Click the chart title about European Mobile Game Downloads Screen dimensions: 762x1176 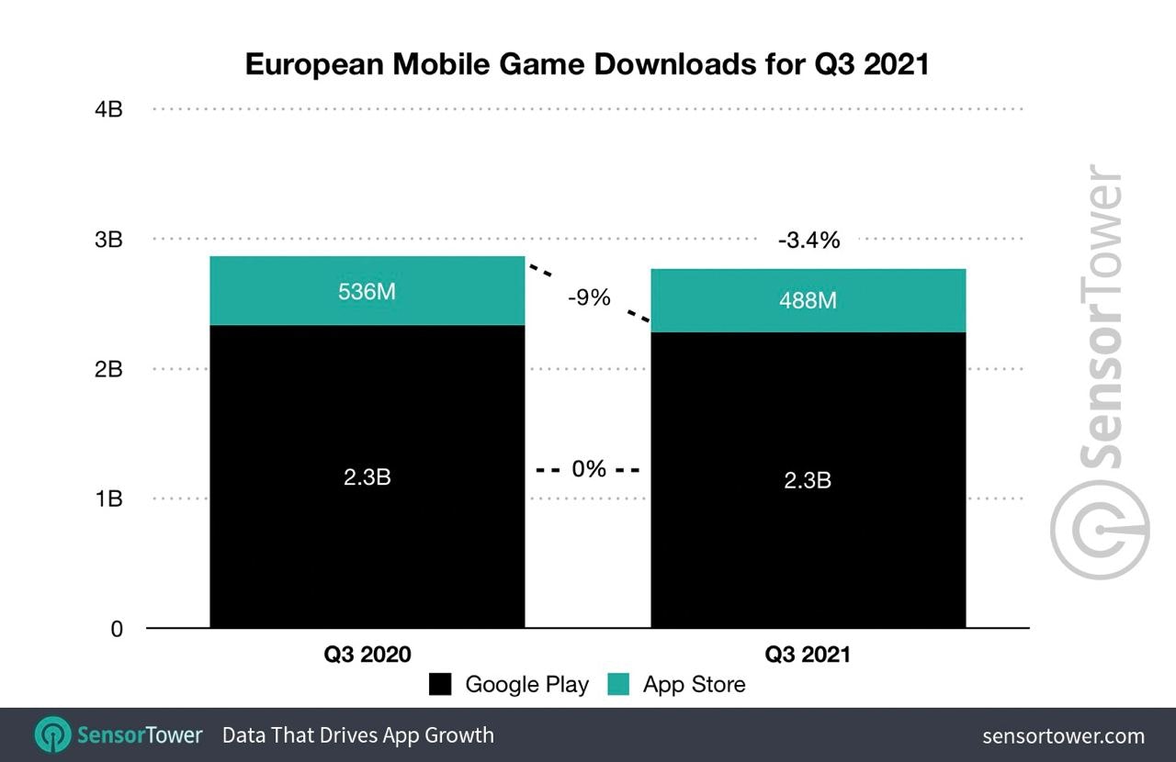pos(587,64)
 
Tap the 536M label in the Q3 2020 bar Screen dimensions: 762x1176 pos(367,292)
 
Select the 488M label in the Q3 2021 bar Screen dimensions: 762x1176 pos(808,300)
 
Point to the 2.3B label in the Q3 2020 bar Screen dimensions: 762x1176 pos(367,477)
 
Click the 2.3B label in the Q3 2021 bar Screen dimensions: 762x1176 pos(808,479)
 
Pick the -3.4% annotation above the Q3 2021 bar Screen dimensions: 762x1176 pos(808,241)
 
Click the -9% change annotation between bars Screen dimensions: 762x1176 pos(588,297)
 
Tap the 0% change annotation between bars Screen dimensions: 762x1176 pos(589,469)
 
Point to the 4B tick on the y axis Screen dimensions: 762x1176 pos(108,109)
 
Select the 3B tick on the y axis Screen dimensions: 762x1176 pos(108,240)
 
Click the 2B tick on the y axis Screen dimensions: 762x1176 pos(108,370)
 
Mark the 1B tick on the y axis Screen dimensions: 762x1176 pos(108,499)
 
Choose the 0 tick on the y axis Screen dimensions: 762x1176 pos(116,630)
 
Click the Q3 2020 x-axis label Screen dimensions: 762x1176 pos(367,655)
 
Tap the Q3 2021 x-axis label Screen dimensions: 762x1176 pos(808,655)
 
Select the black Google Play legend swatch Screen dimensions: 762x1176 pos(440,684)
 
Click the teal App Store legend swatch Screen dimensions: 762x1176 pos(618,684)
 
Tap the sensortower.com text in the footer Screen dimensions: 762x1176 pos(1063,735)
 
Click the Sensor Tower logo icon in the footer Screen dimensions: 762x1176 pos(52,734)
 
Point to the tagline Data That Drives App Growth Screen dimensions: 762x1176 pos(358,735)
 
